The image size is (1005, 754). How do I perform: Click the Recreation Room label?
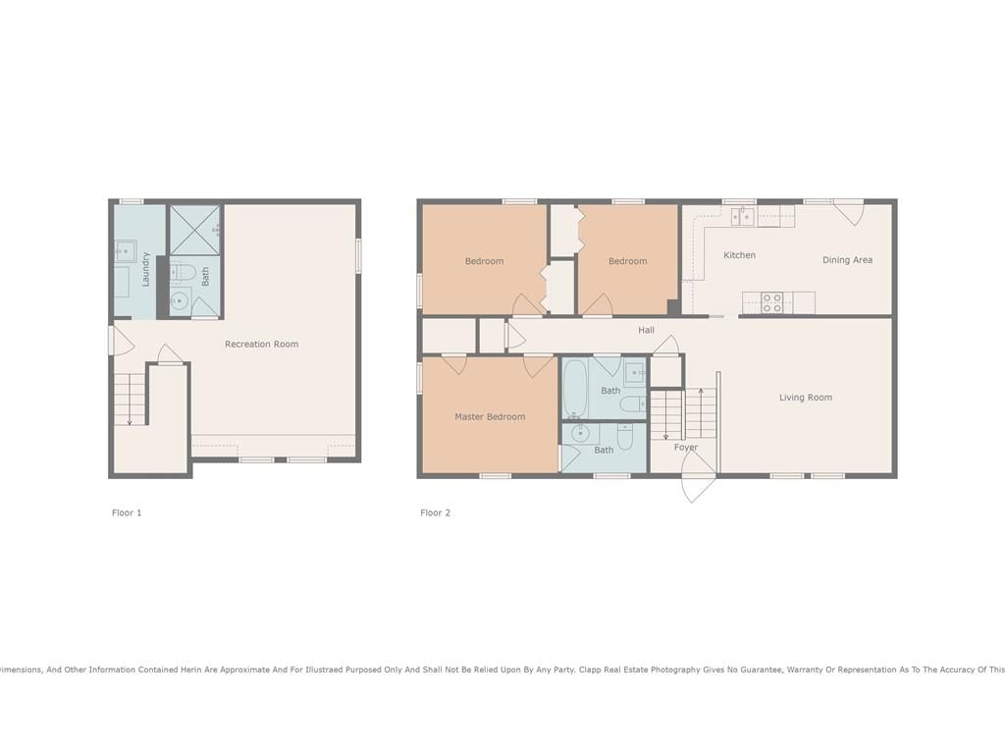[x=261, y=345]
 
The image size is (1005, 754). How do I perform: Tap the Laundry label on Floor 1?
[x=145, y=269]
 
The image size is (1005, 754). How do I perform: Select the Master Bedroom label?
[x=490, y=416]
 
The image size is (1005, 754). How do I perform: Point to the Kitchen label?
[x=739, y=255]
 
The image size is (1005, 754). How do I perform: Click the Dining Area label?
[x=847, y=259]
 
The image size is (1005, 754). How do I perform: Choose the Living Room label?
[x=806, y=398]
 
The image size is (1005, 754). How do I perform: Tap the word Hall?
[x=646, y=330]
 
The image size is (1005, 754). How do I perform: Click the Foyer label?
[x=686, y=448]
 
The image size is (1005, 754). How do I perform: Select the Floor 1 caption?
[x=127, y=512]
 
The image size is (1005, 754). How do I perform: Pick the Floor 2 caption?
[x=435, y=512]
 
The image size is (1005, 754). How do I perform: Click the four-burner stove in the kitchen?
[x=772, y=302]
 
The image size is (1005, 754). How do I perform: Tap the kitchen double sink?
[x=743, y=217]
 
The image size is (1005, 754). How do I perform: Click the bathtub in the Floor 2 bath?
[x=575, y=389]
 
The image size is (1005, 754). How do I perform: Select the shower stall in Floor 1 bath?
[x=195, y=230]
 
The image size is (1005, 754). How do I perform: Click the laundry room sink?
[x=126, y=250]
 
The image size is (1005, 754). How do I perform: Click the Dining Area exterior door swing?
[x=849, y=213]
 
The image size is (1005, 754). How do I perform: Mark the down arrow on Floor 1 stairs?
[x=130, y=400]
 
